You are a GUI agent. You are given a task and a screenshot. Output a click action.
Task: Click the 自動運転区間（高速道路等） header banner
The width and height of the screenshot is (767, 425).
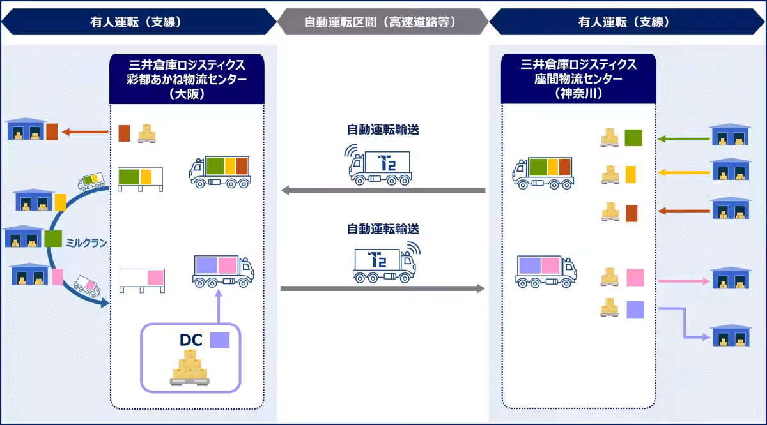[383, 22]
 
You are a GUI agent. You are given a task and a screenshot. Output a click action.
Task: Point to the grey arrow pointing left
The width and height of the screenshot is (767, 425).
[383, 190]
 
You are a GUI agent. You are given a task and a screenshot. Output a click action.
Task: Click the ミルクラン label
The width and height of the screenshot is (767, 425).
[86, 242]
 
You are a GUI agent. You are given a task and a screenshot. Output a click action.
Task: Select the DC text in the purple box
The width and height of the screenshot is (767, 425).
[190, 339]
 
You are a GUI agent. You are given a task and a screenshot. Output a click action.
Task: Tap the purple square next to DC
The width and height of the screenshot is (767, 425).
[219, 339]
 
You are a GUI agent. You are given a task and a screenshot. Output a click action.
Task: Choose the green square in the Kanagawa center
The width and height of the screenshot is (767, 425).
[633, 138]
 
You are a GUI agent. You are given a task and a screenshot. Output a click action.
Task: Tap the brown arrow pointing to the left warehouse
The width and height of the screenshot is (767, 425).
[85, 133]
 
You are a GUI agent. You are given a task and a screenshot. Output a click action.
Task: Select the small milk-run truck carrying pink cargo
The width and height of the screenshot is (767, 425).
[86, 286]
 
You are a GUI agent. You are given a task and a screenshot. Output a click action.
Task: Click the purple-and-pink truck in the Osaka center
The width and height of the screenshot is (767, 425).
[223, 270]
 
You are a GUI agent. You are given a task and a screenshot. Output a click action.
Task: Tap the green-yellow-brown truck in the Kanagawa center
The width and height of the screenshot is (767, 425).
[543, 172]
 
